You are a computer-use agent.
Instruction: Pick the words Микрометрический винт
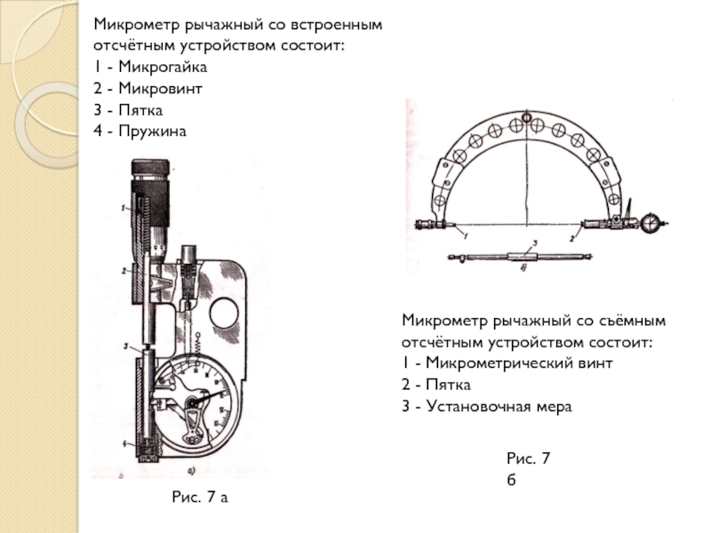coord(520,363)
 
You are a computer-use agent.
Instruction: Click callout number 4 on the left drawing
coord(126,442)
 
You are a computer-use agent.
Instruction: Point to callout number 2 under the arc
coord(573,238)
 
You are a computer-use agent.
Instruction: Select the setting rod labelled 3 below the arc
coord(524,256)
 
